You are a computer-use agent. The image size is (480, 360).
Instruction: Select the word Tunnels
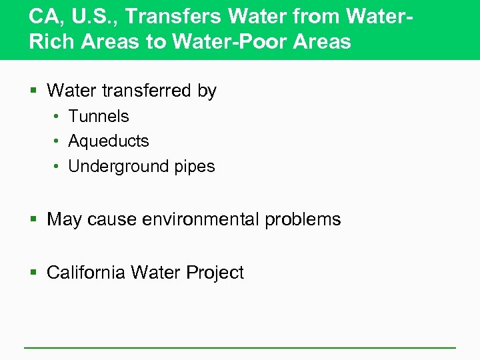pyautogui.click(x=99, y=116)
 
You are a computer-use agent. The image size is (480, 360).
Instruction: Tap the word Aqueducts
pyautogui.click(x=109, y=141)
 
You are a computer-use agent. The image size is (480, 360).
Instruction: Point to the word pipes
pyautogui.click(x=195, y=167)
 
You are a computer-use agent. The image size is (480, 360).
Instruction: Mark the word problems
pyautogui.click(x=303, y=219)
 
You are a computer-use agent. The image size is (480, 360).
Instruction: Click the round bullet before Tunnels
pyautogui.click(x=57, y=117)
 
